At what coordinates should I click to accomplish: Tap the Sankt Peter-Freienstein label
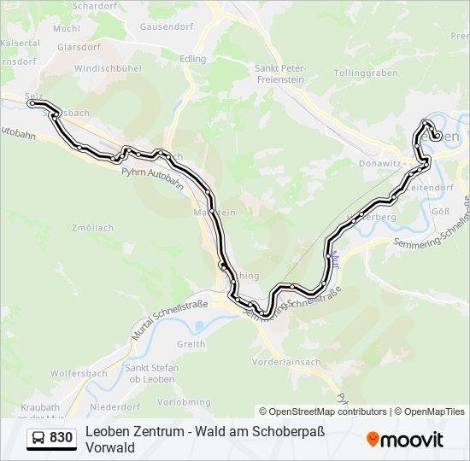279,73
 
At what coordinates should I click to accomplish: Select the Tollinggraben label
366,73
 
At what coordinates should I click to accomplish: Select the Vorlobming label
184,402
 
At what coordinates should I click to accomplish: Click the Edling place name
193,59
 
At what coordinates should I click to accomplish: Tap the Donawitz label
380,160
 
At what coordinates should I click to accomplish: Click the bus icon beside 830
38,438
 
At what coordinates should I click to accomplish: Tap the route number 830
62,438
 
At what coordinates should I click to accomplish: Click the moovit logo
405,439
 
